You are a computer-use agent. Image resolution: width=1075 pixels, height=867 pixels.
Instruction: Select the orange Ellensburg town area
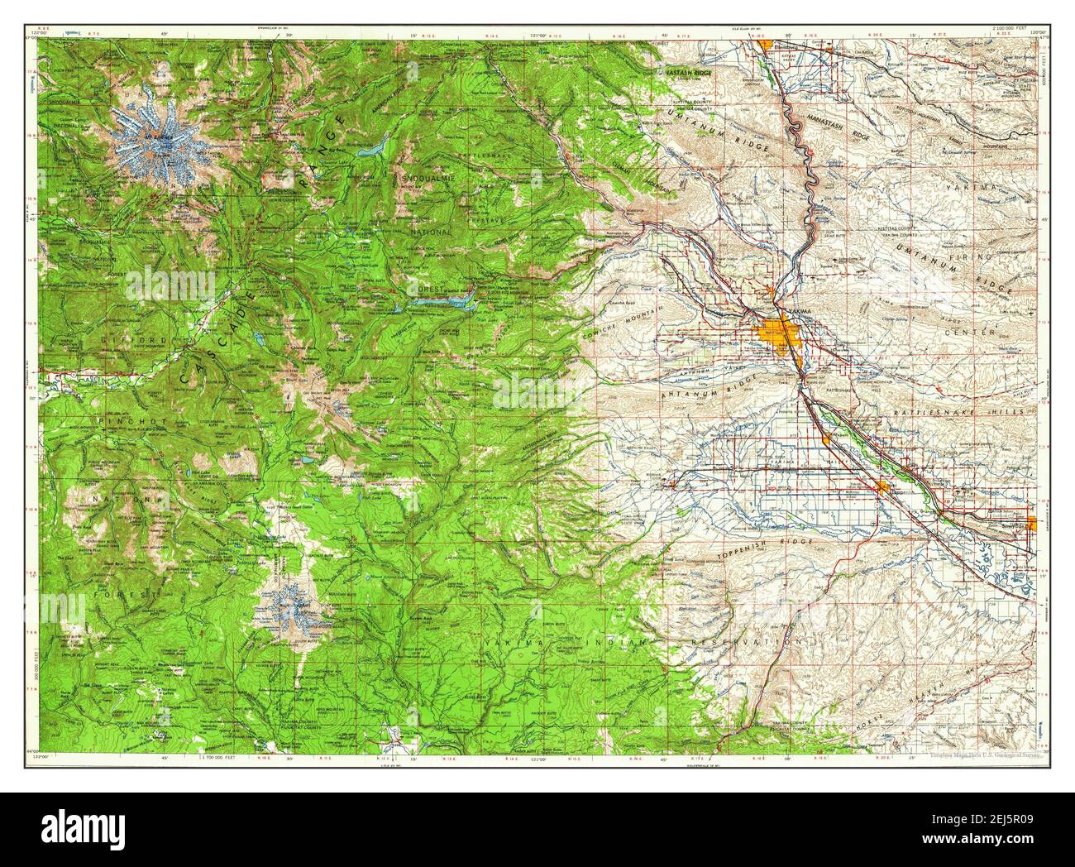[767, 44]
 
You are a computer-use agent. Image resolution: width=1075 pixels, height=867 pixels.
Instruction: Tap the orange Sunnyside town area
[1030, 523]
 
